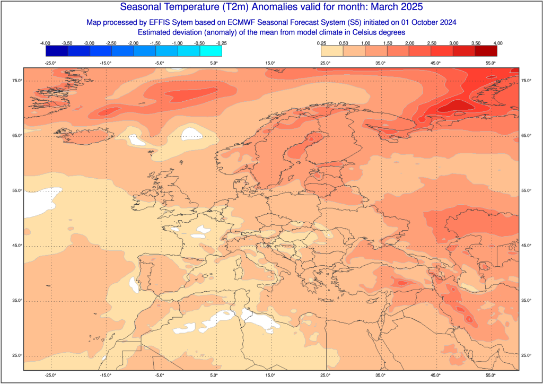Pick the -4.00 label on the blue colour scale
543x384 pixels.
[x=45, y=42]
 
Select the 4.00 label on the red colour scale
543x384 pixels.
[x=497, y=42]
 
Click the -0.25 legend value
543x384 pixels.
[x=222, y=42]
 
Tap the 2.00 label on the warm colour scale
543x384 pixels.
[x=409, y=42]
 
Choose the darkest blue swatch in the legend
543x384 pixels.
[x=57, y=50]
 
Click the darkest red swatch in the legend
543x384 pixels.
[x=486, y=50]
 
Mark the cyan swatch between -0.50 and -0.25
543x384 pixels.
[x=211, y=50]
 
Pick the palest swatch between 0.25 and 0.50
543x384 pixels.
[x=331, y=50]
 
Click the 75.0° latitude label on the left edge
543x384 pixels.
[x=16, y=81]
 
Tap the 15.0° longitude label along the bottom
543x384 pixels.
[x=270, y=375]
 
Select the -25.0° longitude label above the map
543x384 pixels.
[x=50, y=63]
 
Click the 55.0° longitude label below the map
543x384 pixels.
[x=491, y=375]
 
